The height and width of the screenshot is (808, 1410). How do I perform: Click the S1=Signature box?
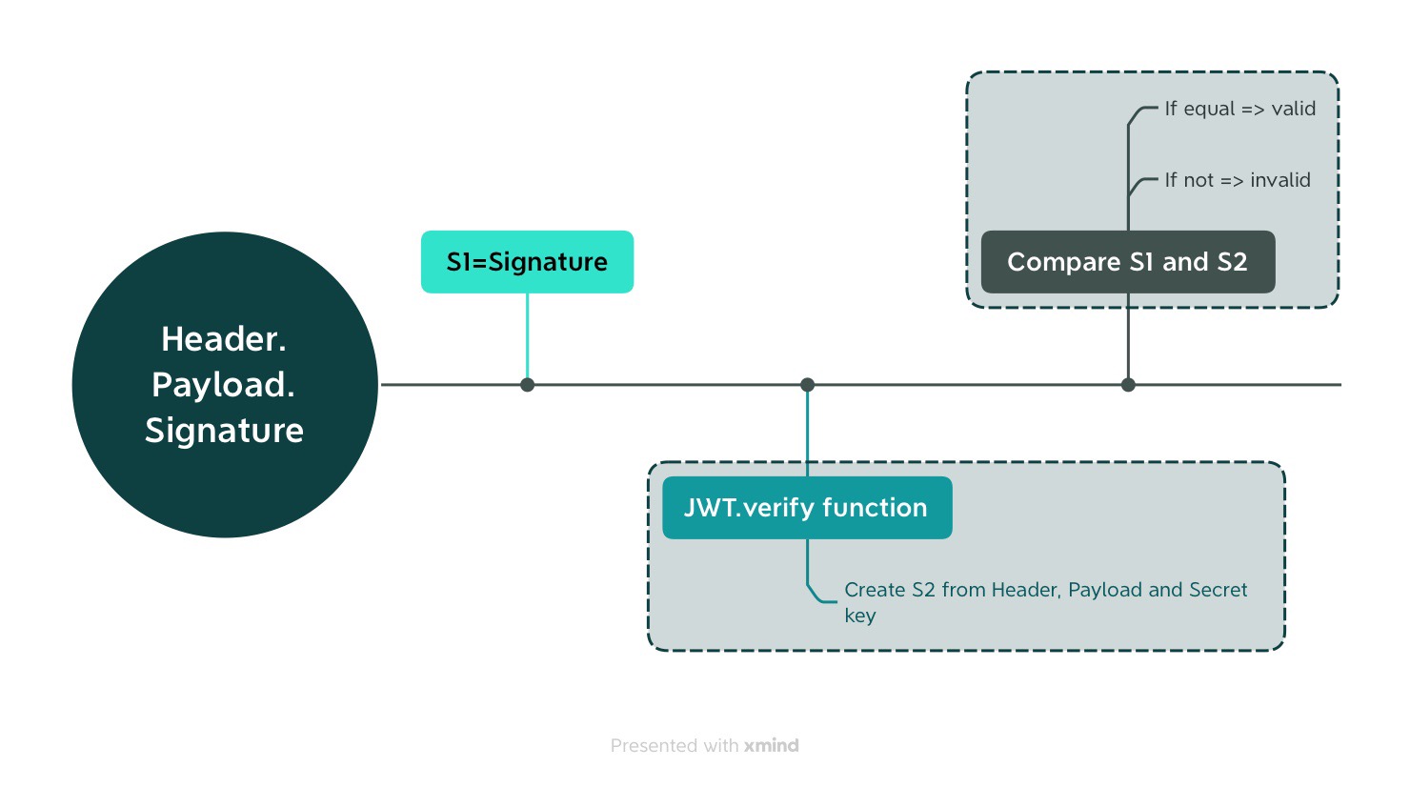point(527,262)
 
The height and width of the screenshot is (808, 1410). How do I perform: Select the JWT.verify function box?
point(806,508)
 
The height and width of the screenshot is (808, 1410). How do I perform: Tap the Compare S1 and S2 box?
point(1127,262)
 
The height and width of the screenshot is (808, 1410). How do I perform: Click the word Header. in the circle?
point(224,339)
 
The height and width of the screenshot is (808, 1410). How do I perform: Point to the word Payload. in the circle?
point(224,385)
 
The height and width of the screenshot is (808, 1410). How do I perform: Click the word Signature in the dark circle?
point(224,431)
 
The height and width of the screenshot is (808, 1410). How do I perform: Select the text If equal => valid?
point(1239,109)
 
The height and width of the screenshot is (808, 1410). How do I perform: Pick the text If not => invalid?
point(1237,180)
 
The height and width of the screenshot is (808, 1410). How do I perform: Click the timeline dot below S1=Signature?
point(527,385)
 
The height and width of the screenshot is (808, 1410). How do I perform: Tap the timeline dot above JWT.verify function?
point(807,385)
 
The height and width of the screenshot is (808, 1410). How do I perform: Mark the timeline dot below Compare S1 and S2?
point(1128,385)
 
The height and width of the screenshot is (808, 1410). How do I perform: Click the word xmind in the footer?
point(771,745)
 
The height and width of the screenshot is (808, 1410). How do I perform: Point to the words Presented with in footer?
point(675,745)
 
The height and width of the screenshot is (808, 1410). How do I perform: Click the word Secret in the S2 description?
point(1218,590)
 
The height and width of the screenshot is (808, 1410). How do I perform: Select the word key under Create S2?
point(859,616)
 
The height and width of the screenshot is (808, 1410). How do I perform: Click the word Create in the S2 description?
point(875,590)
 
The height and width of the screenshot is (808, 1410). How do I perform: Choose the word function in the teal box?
point(874,508)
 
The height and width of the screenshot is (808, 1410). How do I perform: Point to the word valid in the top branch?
point(1293,109)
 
